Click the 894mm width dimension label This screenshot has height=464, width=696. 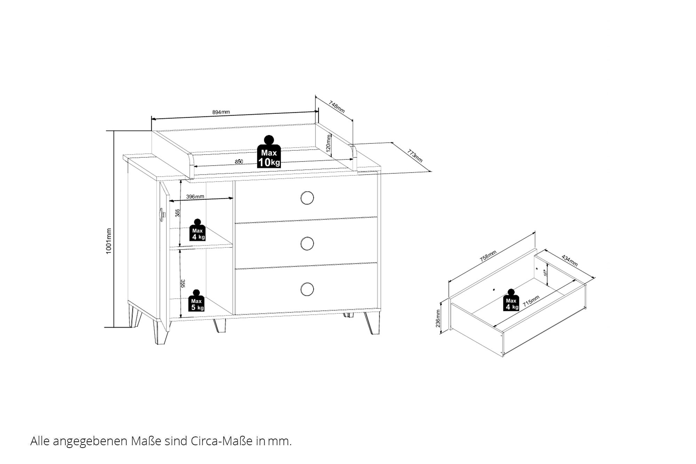[221, 112]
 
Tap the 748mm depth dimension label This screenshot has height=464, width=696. [337, 107]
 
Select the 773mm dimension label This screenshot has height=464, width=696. [415, 156]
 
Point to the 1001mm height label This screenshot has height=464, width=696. [109, 241]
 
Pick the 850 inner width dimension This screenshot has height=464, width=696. [239, 162]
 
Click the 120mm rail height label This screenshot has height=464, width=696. [329, 143]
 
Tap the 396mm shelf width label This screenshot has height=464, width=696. [195, 197]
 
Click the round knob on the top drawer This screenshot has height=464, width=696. [307, 198]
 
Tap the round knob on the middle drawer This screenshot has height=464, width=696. [307, 244]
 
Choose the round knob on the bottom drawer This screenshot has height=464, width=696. [307, 289]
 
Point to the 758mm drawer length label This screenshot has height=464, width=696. [488, 256]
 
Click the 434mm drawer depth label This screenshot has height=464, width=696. [570, 261]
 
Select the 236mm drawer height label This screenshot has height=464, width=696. [438, 318]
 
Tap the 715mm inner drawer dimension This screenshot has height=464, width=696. [531, 300]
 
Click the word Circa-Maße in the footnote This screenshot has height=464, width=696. [221, 441]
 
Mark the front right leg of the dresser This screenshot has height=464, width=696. [373, 323]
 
